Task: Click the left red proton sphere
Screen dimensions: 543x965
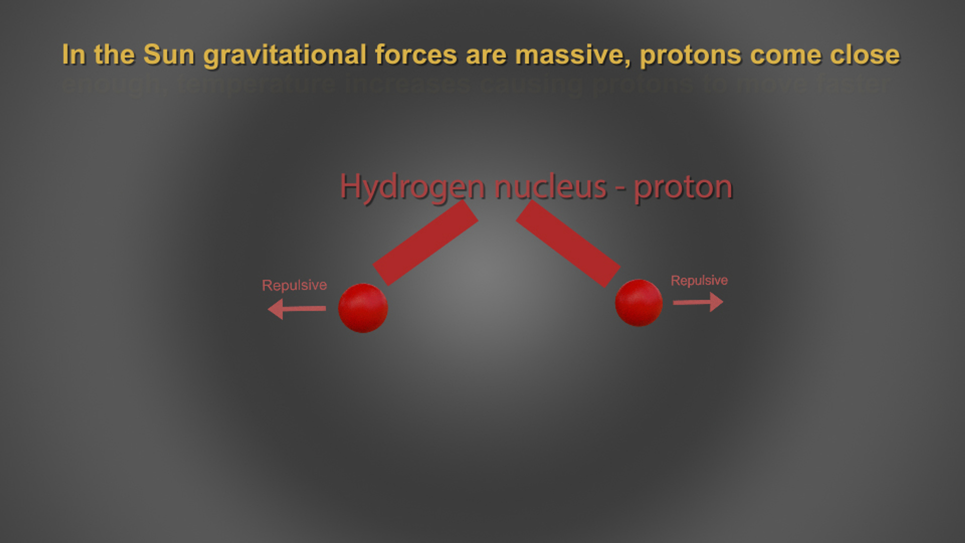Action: [x=363, y=308]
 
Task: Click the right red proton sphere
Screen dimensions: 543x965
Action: [x=639, y=303]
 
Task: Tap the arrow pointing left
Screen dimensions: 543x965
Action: [x=296, y=308]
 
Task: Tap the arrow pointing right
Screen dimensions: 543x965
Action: [x=698, y=302]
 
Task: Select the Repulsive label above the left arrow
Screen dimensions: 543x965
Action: [x=295, y=285]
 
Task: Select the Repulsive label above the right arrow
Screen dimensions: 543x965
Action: [x=699, y=280]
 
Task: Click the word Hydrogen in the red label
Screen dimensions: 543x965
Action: [x=413, y=187]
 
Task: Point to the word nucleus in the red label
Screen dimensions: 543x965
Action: [x=551, y=187]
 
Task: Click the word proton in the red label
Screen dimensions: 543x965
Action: [x=683, y=188]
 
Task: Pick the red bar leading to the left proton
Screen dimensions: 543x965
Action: [x=425, y=243]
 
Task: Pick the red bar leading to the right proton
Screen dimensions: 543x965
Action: [x=568, y=244]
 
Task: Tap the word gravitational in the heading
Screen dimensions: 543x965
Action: [x=285, y=55]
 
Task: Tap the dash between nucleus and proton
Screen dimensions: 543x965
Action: [x=621, y=188]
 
